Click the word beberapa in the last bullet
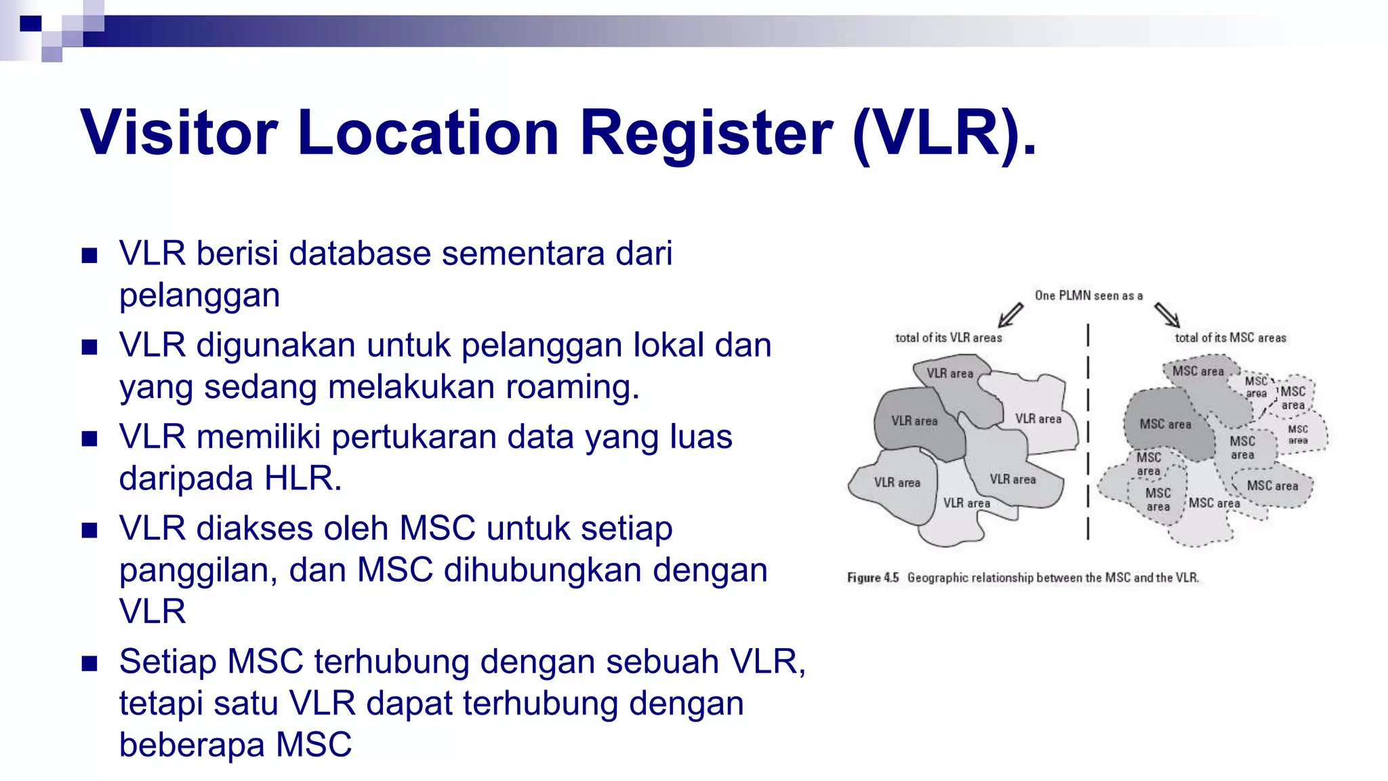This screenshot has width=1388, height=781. (192, 744)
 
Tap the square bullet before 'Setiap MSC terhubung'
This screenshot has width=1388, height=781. (89, 663)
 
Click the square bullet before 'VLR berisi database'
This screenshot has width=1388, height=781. (89, 256)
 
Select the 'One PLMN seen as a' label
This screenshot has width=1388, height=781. (1088, 296)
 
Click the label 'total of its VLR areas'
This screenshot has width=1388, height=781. (948, 338)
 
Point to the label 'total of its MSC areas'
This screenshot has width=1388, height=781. (1230, 338)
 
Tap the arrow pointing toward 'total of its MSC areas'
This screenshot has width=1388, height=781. (1167, 315)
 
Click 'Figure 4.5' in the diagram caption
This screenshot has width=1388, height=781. (872, 578)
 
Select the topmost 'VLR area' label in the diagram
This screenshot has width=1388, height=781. (950, 374)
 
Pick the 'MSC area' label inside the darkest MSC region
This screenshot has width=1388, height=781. (1165, 424)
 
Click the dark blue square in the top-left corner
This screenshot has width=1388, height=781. (30, 24)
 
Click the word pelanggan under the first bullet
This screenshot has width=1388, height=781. (199, 296)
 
